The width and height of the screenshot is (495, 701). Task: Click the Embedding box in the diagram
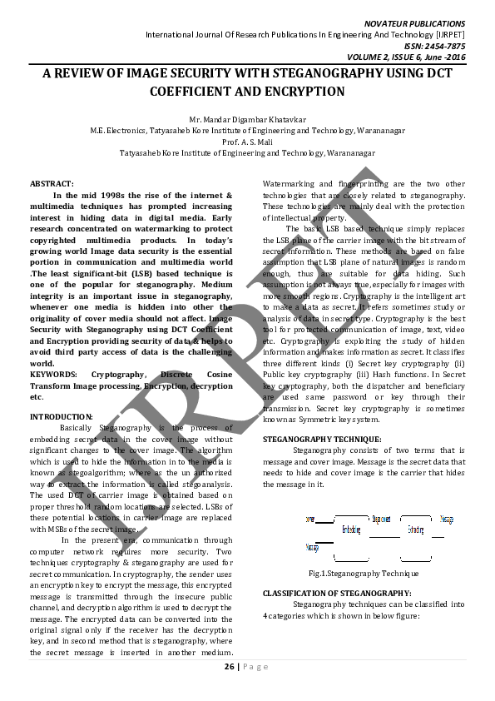(350, 529)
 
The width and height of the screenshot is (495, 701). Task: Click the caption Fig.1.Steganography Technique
(364, 574)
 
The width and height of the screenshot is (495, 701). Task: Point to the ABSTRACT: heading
(52, 183)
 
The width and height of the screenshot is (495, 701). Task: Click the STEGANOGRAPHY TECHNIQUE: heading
(322, 439)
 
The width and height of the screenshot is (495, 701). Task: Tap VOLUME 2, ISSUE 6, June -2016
(419, 57)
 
